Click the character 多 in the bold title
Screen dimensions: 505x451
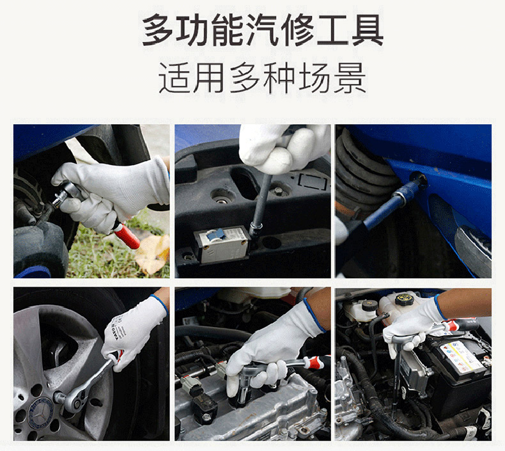[157, 30]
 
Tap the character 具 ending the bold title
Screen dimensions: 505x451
[367, 30]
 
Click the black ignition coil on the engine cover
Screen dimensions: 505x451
[202, 406]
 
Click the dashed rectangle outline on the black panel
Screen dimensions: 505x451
[313, 181]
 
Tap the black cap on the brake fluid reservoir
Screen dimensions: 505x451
[366, 305]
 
